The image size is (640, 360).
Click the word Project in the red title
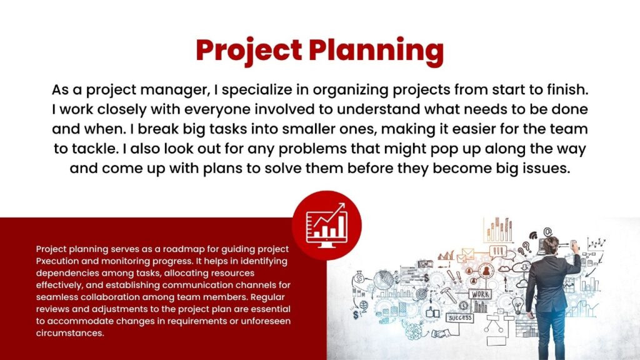click(249, 51)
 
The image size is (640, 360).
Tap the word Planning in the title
click(376, 51)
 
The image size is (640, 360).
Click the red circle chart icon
click(326, 225)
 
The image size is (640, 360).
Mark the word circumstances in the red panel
click(70, 333)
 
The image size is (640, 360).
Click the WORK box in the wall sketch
click(481, 294)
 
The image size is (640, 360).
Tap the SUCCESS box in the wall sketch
click(460, 317)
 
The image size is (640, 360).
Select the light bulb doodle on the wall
click(518, 305)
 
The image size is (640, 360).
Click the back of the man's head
click(551, 245)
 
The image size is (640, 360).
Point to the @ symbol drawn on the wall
click(547, 232)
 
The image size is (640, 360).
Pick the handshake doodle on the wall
click(440, 334)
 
